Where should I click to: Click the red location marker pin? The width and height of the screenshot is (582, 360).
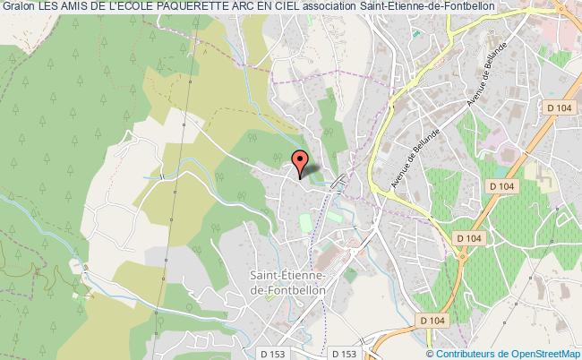301,163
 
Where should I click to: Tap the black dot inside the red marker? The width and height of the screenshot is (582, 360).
301,159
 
